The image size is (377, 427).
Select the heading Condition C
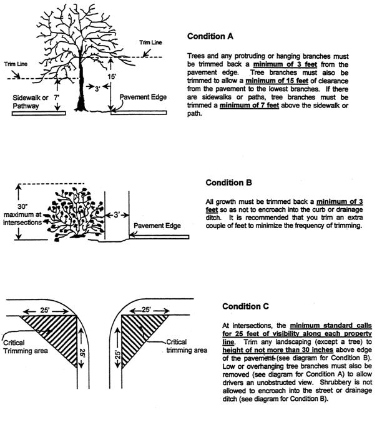(x=245, y=306)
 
